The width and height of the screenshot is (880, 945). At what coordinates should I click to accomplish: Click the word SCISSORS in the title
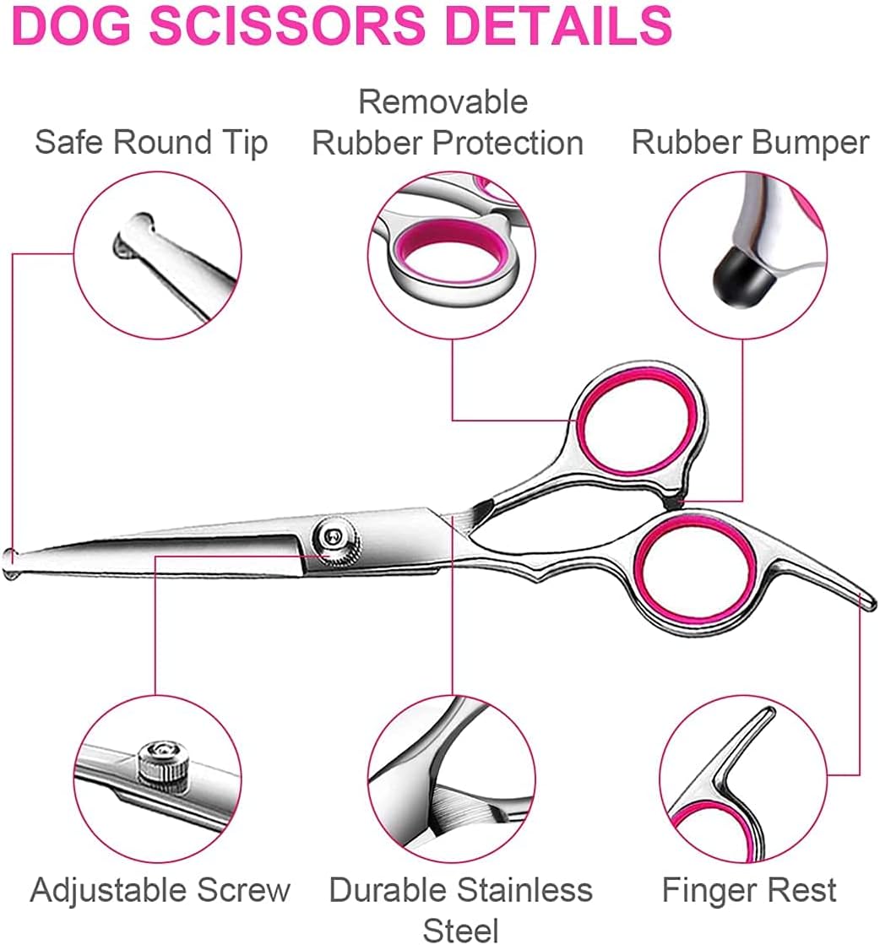[x=287, y=25]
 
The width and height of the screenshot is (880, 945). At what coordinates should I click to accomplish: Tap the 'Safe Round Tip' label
[x=151, y=143]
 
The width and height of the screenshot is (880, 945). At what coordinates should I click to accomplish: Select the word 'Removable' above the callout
[x=443, y=101]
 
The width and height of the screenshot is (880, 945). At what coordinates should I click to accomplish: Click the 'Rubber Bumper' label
[x=751, y=143]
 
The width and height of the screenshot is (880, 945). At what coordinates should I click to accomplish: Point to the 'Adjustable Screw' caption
[x=160, y=890]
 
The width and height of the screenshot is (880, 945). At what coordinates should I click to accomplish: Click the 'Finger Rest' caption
[x=749, y=890]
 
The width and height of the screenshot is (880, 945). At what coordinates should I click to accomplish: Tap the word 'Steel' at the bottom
[x=461, y=930]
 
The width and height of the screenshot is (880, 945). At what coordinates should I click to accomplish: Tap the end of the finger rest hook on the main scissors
[x=868, y=602]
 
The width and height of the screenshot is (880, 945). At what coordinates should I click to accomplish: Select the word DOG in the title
[x=72, y=25]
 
